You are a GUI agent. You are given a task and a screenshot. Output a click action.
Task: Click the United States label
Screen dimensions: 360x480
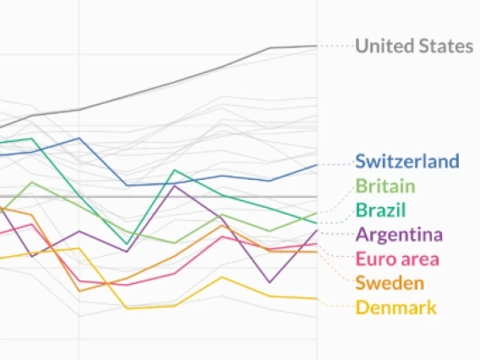click(413, 46)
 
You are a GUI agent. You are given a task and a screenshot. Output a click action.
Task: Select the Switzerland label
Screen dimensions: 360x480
click(406, 161)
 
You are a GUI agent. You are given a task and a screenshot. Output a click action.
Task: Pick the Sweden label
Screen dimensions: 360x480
click(390, 282)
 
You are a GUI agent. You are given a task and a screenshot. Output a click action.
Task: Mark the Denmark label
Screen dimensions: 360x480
click(395, 307)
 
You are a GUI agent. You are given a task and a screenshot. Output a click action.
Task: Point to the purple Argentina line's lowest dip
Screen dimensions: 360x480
click(270, 282)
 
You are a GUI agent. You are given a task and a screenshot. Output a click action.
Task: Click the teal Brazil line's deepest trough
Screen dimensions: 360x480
click(127, 244)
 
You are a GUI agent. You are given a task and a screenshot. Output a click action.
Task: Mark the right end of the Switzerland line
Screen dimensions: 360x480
click(317, 165)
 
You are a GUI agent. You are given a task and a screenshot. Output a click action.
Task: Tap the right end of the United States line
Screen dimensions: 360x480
click(317, 46)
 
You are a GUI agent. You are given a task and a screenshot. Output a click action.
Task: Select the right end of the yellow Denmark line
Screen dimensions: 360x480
click(317, 298)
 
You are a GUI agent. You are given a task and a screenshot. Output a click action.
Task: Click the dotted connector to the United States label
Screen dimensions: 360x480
click(335, 46)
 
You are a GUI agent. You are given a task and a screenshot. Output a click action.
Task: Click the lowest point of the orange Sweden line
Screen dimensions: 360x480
click(80, 292)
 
